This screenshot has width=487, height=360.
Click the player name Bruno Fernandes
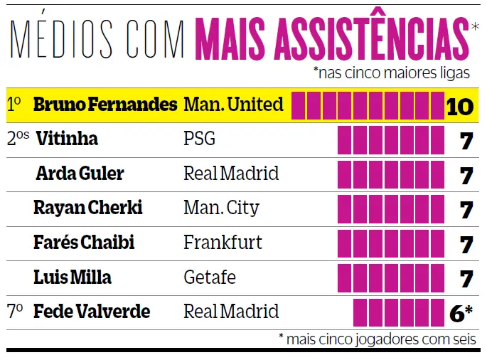click(105, 105)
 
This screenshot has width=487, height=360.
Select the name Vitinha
click(66, 139)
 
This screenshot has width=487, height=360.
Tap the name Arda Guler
click(80, 174)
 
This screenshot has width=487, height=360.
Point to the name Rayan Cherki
click(88, 208)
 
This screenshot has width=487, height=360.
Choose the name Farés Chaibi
click(84, 243)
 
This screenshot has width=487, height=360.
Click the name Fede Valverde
click(92, 312)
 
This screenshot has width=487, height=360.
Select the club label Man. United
click(233, 105)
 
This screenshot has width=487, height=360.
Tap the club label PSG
click(199, 139)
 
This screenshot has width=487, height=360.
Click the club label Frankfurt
click(223, 243)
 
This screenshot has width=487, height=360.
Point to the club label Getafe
click(210, 277)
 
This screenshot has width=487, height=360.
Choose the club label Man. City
click(221, 208)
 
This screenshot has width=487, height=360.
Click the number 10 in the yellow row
click(460, 107)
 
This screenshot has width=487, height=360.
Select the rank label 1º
click(14, 105)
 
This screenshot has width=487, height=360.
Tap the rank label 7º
click(16, 311)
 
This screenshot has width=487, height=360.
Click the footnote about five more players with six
click(378, 339)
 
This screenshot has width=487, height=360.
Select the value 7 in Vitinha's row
click(466, 141)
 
